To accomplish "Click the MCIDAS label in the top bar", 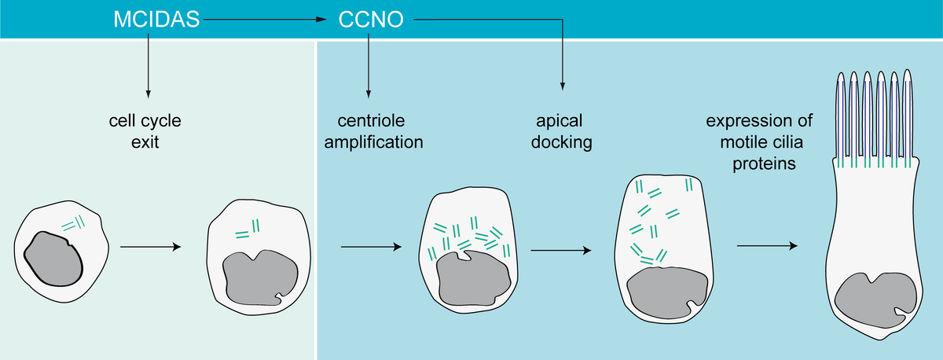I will coord(155,19).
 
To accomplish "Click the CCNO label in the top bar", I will coord(371,19).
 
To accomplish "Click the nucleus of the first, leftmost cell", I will coord(53,259).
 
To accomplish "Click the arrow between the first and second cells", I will coord(151,247).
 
